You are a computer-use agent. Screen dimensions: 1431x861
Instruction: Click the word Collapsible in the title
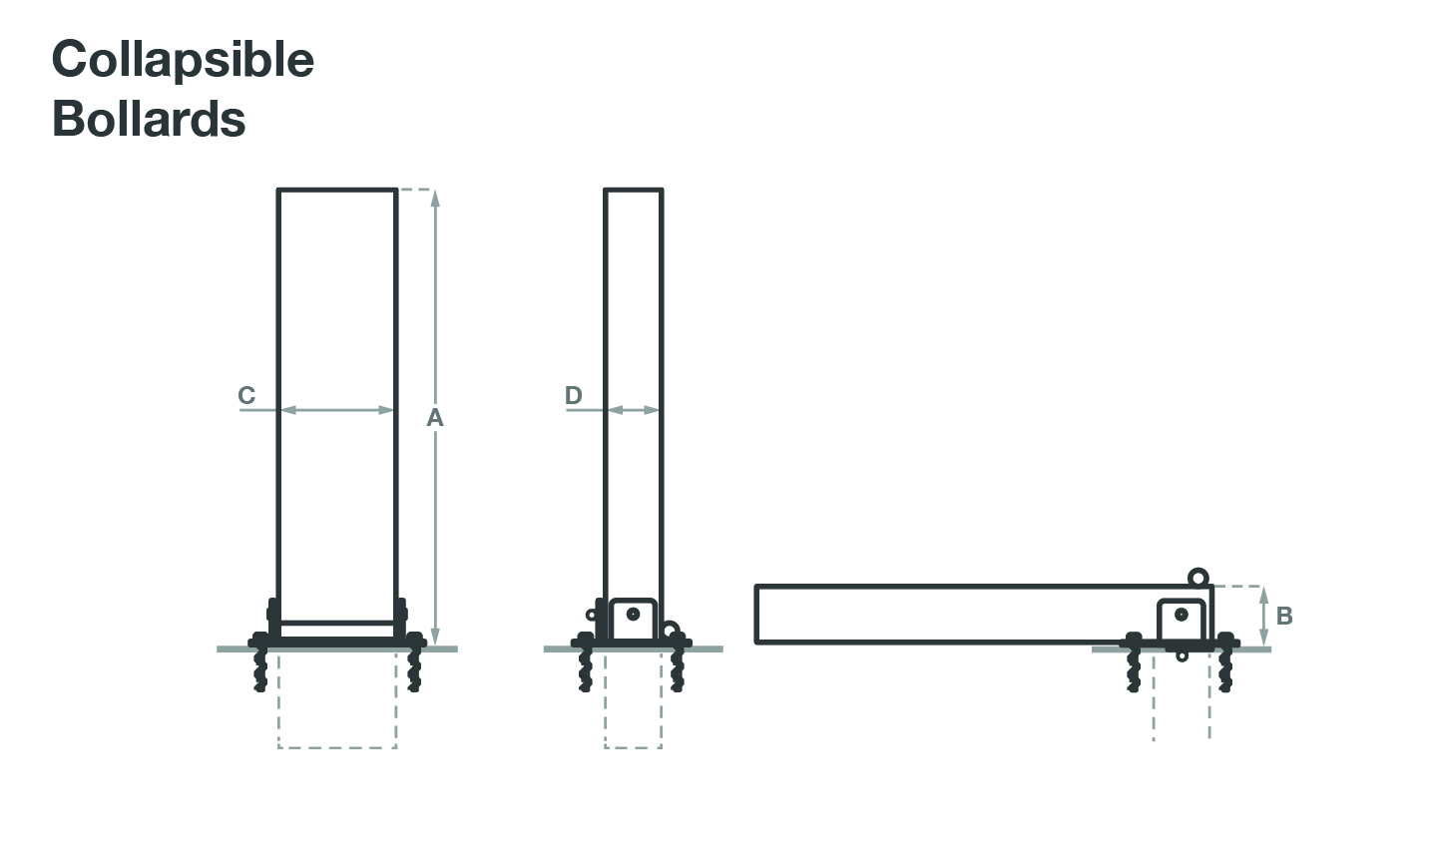pyautogui.click(x=183, y=61)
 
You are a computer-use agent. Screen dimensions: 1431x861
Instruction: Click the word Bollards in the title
pyautogui.click(x=149, y=118)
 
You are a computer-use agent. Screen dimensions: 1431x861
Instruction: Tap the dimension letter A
pyautogui.click(x=434, y=418)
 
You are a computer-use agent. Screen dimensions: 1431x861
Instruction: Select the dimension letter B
pyautogui.click(x=1284, y=616)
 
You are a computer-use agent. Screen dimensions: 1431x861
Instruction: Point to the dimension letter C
pyautogui.click(x=246, y=395)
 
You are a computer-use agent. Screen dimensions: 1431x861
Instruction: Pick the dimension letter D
pyautogui.click(x=573, y=395)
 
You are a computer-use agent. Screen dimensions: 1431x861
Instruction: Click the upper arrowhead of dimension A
pyautogui.click(x=436, y=199)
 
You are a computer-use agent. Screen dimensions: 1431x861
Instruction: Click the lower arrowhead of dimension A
pyautogui.click(x=436, y=637)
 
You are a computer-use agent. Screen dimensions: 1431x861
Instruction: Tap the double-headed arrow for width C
pyautogui.click(x=337, y=410)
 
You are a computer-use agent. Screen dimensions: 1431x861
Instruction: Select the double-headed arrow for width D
pyautogui.click(x=633, y=410)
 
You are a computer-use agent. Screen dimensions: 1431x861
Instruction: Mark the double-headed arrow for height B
pyautogui.click(x=1263, y=616)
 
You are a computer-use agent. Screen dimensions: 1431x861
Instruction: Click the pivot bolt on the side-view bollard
pyautogui.click(x=633, y=615)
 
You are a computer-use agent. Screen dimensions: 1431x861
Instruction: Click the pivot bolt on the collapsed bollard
pyautogui.click(x=1182, y=615)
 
